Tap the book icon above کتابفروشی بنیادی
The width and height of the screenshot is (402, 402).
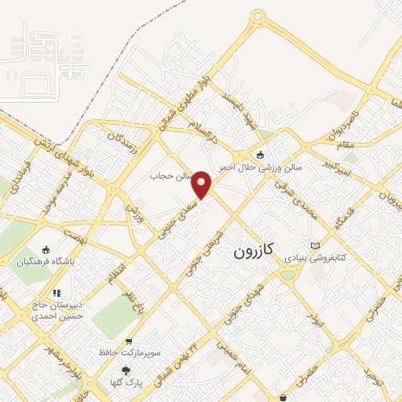[315, 244]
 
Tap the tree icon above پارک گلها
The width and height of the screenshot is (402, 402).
[124, 370]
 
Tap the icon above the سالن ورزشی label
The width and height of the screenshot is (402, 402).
[261, 154]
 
